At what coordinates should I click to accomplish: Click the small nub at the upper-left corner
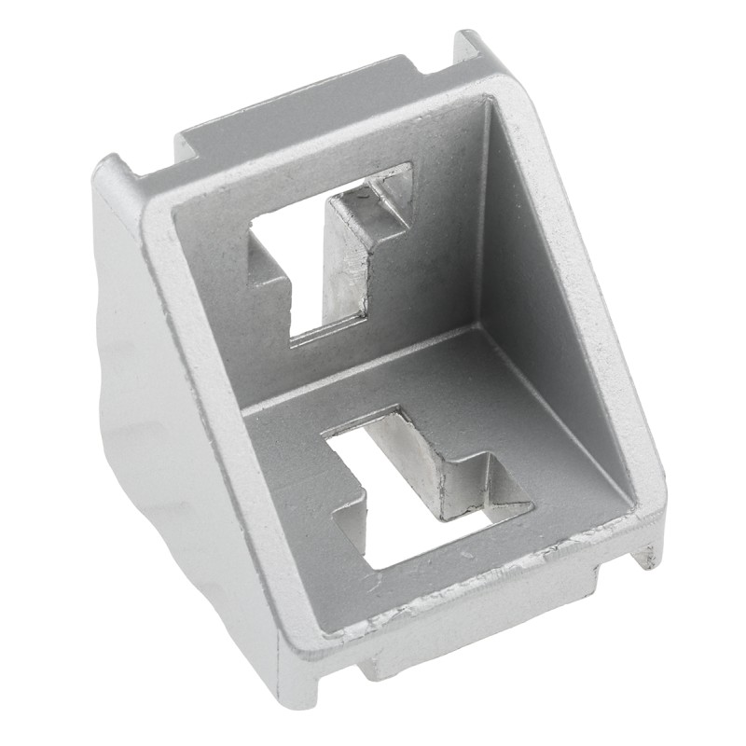point(112,173)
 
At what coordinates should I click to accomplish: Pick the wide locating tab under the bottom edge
point(485,634)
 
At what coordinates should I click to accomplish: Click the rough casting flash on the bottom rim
point(466,583)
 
